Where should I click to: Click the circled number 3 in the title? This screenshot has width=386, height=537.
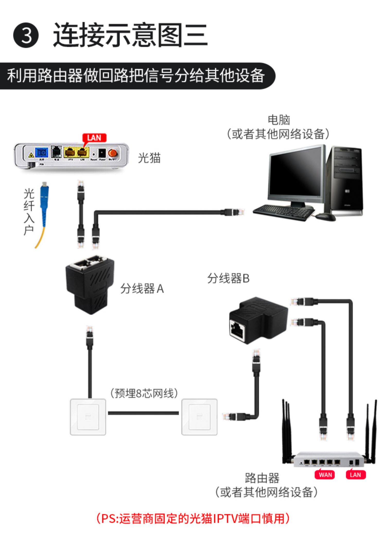pyautogui.click(x=26, y=35)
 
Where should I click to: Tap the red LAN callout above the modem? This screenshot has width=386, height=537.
pyautogui.click(x=94, y=138)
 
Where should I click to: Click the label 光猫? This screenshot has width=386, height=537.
pyautogui.click(x=149, y=158)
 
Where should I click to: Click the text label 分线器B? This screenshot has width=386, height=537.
pyautogui.click(x=228, y=278)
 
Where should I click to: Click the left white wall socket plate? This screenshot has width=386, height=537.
pyautogui.click(x=88, y=417)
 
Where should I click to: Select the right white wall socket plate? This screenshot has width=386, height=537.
pyautogui.click(x=199, y=417)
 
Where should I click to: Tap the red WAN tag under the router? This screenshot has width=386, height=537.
pyautogui.click(x=325, y=475)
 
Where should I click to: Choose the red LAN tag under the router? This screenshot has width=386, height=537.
pyautogui.click(x=355, y=475)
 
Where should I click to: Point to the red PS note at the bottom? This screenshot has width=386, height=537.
pyautogui.click(x=193, y=518)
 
